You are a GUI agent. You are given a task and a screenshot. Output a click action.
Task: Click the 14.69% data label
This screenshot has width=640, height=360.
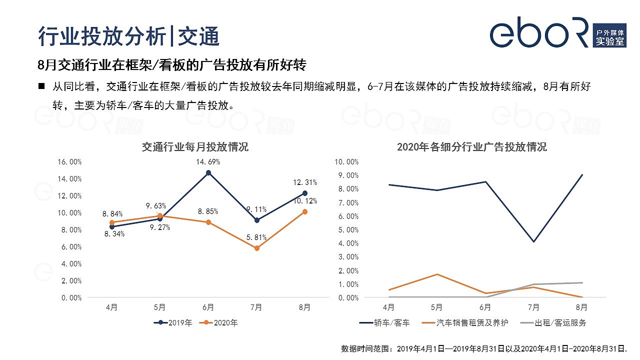coord(208,162)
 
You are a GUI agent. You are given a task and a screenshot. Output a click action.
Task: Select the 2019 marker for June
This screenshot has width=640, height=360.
coord(208,173)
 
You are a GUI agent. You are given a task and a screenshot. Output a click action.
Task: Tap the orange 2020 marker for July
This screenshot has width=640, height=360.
coord(257,248)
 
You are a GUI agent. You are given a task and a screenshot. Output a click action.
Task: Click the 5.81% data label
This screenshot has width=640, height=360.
coord(256,237)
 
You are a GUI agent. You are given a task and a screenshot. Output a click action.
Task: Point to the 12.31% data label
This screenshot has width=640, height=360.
coord(305,182)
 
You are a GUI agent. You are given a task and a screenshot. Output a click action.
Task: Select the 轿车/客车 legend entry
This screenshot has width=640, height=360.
coord(384,323)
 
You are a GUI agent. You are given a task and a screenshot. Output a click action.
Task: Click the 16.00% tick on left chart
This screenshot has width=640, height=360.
coord(70,162)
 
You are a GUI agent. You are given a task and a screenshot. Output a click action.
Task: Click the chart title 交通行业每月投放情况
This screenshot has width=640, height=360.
coord(195,147)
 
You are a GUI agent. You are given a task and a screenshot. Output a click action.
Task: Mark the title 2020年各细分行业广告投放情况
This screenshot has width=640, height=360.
coord(471,147)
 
